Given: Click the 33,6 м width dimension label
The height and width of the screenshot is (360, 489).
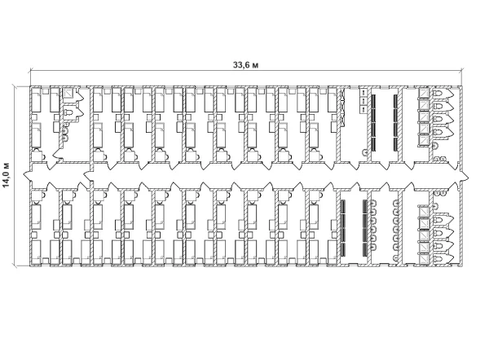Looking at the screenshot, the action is [x=246, y=65].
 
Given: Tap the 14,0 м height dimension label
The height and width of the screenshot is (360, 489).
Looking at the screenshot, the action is [x=7, y=175].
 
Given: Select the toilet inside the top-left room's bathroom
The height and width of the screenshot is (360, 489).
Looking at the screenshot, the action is [x=68, y=112].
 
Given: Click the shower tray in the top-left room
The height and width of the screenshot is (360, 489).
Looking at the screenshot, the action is [x=68, y=93].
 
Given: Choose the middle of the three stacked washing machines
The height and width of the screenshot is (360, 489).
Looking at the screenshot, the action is [x=364, y=101].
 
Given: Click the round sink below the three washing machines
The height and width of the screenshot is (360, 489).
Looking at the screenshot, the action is [x=364, y=153].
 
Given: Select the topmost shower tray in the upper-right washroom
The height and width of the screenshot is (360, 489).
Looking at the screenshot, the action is [x=423, y=93].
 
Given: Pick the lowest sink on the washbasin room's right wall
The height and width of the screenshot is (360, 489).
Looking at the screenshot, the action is [x=396, y=257].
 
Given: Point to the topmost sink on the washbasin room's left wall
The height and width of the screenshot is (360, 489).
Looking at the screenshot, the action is [x=374, y=204].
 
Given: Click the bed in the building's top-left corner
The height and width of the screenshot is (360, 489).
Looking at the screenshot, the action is [x=36, y=99].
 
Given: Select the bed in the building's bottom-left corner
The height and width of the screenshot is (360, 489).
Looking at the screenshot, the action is [x=36, y=252].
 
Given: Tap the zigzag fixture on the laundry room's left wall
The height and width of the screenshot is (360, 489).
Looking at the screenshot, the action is [x=343, y=107].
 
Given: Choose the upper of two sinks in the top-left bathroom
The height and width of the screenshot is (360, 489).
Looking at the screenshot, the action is [x=65, y=130].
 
